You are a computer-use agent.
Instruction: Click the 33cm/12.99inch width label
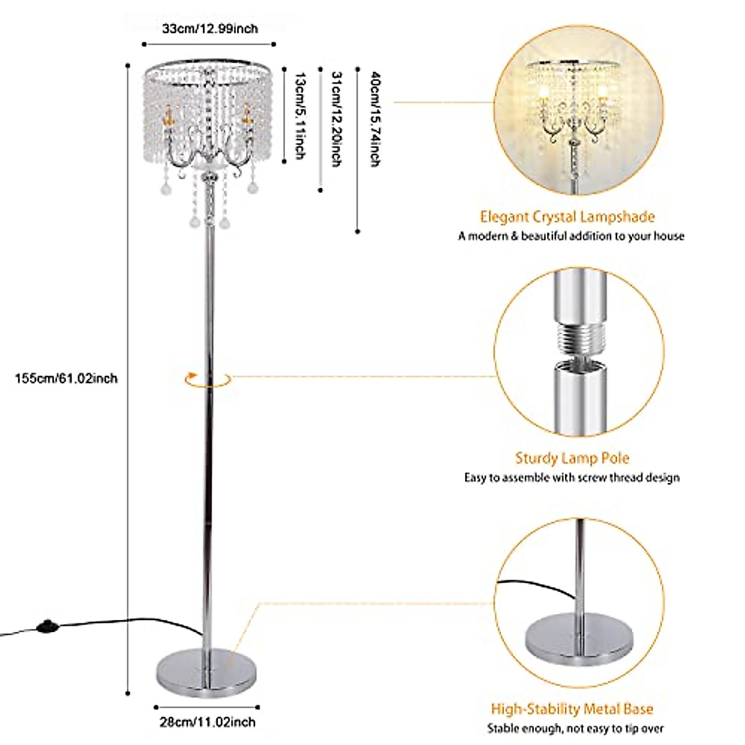(x=209, y=29)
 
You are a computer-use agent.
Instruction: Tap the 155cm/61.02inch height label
(x=66, y=377)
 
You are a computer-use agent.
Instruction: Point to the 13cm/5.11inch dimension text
(x=300, y=116)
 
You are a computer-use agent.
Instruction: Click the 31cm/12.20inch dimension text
(x=336, y=119)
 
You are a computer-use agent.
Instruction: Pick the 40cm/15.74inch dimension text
(x=374, y=119)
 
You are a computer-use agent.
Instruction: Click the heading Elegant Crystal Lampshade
(x=567, y=217)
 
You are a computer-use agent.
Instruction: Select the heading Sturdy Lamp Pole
(x=572, y=459)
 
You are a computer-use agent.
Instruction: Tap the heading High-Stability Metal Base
(x=572, y=709)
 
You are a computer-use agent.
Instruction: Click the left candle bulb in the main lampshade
(x=166, y=117)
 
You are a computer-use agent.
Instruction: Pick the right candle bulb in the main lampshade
(x=248, y=114)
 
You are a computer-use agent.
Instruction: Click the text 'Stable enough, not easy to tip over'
(x=575, y=729)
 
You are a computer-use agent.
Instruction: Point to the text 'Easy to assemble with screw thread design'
(x=572, y=478)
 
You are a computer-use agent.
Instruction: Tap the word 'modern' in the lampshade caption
(x=487, y=237)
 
